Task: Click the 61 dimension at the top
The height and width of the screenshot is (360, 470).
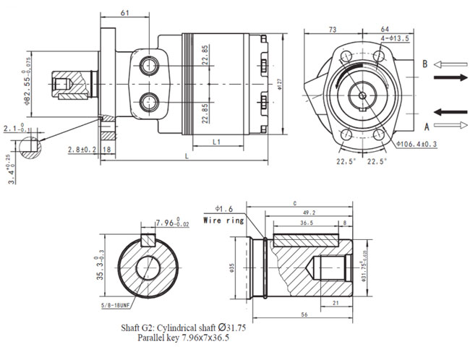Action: click(125, 13)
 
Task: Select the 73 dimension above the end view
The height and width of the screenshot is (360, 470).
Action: click(333, 30)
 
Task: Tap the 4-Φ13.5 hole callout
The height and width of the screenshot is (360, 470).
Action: click(394, 38)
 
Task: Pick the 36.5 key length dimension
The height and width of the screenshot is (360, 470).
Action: click(306, 224)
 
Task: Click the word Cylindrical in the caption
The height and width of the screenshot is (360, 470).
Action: click(190, 327)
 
